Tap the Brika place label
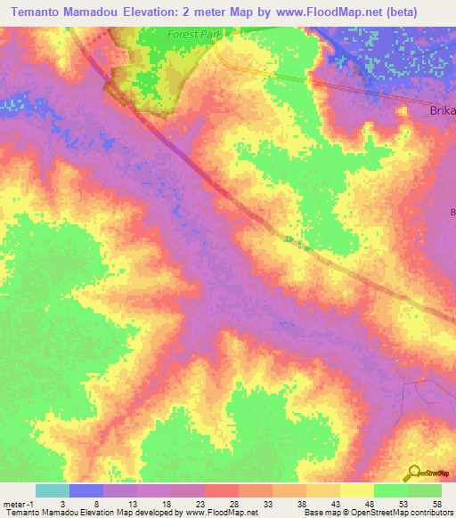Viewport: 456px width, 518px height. coord(442,111)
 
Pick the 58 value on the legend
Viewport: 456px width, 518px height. coord(435,503)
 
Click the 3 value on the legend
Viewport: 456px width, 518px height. coord(61,503)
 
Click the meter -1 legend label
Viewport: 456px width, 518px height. coord(18,503)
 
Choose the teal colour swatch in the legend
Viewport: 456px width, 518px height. coord(53,490)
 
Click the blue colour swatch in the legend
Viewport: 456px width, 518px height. coord(86,490)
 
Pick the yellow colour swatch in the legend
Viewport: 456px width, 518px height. coord(357,490)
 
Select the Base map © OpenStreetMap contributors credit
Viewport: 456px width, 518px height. coord(378,513)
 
